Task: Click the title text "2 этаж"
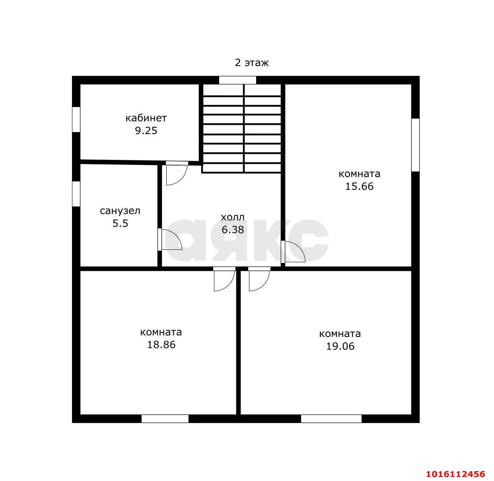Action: pos(251,62)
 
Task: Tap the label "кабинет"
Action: pos(146,118)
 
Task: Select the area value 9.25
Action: pos(146,130)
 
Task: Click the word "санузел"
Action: pos(120,211)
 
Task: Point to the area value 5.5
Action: pos(120,223)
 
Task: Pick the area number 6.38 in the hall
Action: pos(233,230)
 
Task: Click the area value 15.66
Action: pos(359,186)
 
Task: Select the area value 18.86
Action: pos(161,345)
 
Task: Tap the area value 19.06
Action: pos(340,346)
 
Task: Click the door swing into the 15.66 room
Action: pos(294,251)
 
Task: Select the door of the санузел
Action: pos(171,240)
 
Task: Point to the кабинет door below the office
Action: pos(177,173)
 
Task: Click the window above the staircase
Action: pos(237,80)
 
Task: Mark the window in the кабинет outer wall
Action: pos(76,119)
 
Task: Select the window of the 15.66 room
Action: pos(415,145)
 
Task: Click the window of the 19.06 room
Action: pos(331,419)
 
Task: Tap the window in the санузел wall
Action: pos(76,194)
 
